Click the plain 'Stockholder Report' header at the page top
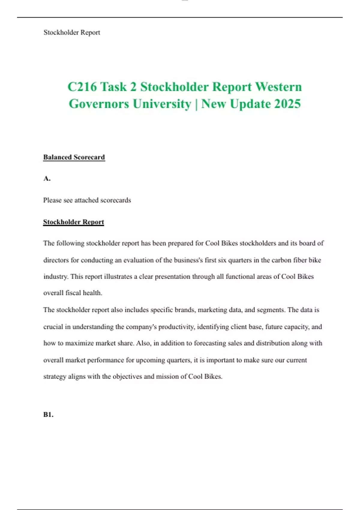72,32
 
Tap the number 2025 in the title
287,104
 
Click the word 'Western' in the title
278,87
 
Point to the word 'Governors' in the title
99,104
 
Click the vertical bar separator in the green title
196,104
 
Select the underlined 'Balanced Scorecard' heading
74,157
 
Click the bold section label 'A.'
47,178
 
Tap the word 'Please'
52,200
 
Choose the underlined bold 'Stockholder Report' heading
73,222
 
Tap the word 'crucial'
53,327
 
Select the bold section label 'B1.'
48,415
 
